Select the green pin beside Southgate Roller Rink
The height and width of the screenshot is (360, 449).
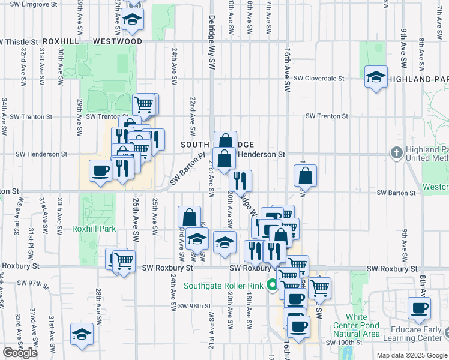272,285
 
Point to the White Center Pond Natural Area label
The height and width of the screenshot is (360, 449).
363,325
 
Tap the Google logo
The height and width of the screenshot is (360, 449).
20,353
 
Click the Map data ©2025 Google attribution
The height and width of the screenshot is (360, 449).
411,355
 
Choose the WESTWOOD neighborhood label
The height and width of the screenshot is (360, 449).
118,41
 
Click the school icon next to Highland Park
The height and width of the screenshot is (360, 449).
376,77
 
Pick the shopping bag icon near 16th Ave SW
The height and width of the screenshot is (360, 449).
305,175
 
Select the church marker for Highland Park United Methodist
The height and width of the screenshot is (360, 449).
396,153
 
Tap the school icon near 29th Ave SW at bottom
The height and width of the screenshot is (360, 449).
82,335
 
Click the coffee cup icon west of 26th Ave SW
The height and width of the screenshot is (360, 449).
100,171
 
